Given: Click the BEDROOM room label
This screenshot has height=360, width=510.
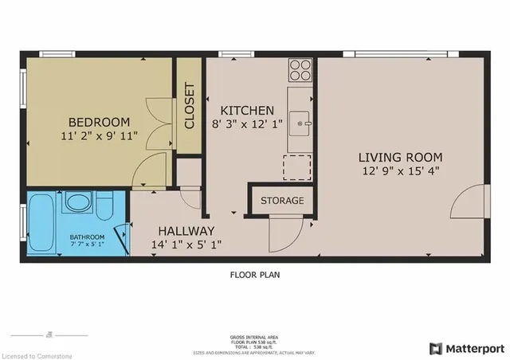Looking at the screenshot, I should click(x=99, y=121).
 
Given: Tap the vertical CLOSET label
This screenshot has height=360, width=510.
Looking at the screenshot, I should click(x=190, y=106).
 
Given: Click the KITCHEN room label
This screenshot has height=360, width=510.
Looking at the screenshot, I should click(x=247, y=111).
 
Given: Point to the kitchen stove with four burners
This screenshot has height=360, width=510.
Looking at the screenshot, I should click(x=300, y=71).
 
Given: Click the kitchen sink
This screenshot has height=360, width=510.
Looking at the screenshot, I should click(x=300, y=121).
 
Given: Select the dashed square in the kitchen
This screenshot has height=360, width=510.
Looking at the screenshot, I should click(x=297, y=167).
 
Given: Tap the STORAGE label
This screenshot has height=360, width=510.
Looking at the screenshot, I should click(x=282, y=200).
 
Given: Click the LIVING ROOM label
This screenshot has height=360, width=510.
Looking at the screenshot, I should click(x=399, y=157).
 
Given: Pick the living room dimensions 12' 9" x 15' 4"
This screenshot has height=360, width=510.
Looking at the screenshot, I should click(x=399, y=170).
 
